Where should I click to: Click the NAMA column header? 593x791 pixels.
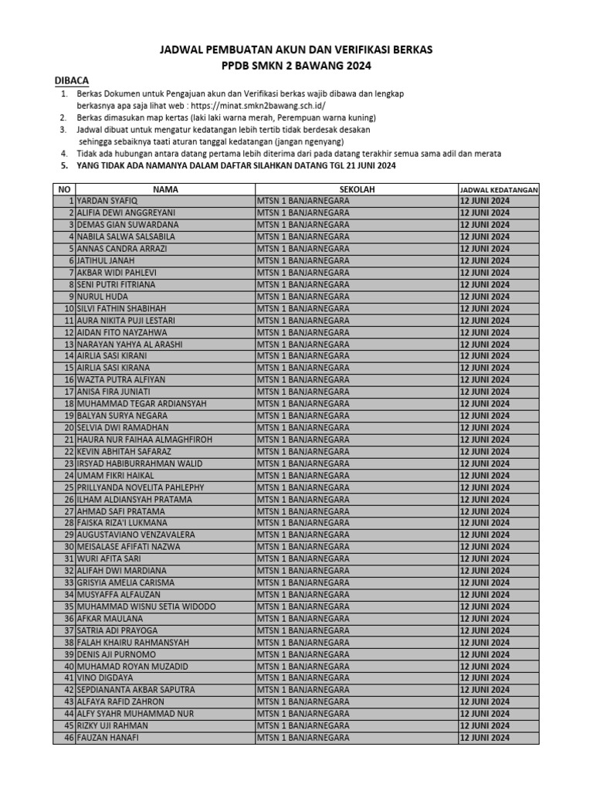tap(165, 189)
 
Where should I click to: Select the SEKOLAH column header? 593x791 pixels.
tap(357, 189)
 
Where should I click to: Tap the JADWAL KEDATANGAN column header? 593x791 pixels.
tap(499, 189)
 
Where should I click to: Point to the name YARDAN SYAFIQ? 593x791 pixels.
tap(107, 201)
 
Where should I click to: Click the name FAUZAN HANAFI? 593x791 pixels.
tap(108, 738)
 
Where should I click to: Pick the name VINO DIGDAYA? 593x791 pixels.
tap(103, 678)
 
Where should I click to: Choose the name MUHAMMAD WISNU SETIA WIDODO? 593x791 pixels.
tap(146, 606)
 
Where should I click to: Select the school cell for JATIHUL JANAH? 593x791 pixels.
tap(303, 261)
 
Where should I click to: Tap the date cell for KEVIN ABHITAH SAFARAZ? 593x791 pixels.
tap(485, 451)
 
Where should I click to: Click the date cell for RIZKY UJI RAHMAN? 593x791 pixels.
tap(485, 726)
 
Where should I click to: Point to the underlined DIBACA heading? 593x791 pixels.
tap(72, 80)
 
